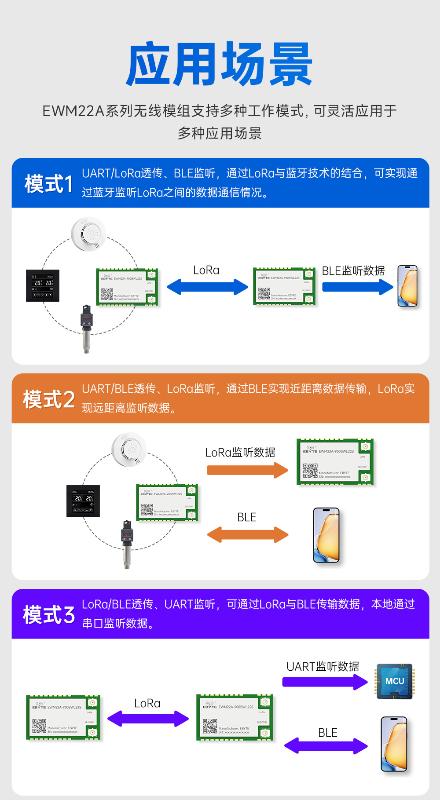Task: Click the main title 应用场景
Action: (x=219, y=64)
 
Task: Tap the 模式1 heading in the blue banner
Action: (x=49, y=183)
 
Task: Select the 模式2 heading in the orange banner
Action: (x=49, y=399)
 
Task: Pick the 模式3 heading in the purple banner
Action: (x=49, y=614)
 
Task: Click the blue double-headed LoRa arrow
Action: (x=207, y=287)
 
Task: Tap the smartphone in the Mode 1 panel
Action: (x=407, y=286)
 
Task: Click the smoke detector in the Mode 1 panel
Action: (x=88, y=234)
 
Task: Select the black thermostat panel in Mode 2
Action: (x=83, y=501)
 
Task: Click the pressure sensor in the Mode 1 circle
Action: (x=87, y=328)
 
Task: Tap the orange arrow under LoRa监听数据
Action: (x=247, y=470)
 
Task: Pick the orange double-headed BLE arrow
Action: (x=247, y=534)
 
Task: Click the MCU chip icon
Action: (x=394, y=681)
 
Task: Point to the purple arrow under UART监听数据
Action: (x=325, y=682)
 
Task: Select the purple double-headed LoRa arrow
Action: (x=148, y=719)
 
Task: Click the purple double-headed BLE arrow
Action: (x=326, y=745)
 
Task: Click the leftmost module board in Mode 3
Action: (x=63, y=717)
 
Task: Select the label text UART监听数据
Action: (x=323, y=667)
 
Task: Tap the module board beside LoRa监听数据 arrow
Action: (x=335, y=462)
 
